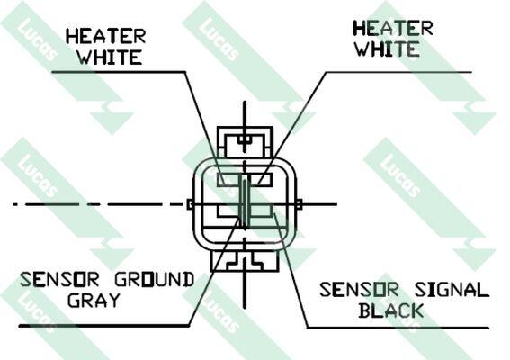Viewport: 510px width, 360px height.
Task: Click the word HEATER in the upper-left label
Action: [x=106, y=36]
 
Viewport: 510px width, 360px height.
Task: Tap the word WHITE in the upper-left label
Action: [x=110, y=57]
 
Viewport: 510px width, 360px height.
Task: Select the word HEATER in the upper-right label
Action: [x=393, y=28]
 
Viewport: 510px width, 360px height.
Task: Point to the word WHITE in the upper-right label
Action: [x=387, y=49]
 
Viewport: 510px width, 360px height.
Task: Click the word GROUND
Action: [x=155, y=279]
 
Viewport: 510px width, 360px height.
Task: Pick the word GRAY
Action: [x=94, y=300]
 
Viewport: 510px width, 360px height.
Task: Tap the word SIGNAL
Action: [x=452, y=290]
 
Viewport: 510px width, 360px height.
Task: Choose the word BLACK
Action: [x=391, y=310]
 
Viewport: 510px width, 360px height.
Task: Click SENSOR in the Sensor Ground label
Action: [x=59, y=279]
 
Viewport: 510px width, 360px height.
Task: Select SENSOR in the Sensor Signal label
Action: [x=359, y=290]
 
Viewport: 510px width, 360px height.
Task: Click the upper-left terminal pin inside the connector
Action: [x=228, y=180]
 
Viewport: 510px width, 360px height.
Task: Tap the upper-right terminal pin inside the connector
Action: [x=260, y=180]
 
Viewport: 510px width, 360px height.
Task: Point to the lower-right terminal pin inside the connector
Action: [x=261, y=211]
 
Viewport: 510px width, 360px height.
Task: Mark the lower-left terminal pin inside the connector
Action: [x=228, y=211]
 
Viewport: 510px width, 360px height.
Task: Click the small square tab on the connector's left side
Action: [x=191, y=204]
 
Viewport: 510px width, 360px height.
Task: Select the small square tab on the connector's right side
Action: [x=299, y=204]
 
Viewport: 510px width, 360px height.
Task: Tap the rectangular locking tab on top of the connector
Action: [x=245, y=142]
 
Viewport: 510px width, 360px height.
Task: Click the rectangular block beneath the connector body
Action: [x=245, y=260]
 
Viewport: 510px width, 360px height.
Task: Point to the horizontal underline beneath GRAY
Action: [x=104, y=326]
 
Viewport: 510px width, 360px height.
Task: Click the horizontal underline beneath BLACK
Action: [x=398, y=328]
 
